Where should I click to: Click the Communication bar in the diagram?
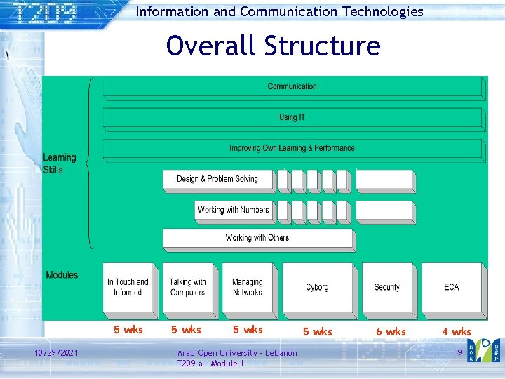point(292,87)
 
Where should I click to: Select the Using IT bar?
point(292,117)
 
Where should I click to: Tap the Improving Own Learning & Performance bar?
point(292,148)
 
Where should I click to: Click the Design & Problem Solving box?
point(217,179)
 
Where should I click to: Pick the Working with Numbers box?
point(233,210)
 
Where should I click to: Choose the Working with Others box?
point(257,238)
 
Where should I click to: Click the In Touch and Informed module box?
point(128,287)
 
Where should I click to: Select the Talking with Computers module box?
point(187,287)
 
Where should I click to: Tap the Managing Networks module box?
point(247,287)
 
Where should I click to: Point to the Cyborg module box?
point(317,287)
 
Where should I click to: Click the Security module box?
point(386,287)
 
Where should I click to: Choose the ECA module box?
point(452,287)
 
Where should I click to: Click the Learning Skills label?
point(60,164)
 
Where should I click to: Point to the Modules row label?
point(62,275)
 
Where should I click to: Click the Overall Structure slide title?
point(273,46)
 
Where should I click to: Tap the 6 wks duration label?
point(391,331)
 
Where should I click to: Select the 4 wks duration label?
point(456,331)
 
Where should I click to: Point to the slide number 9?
point(459,352)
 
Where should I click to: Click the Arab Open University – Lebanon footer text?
point(237,352)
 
